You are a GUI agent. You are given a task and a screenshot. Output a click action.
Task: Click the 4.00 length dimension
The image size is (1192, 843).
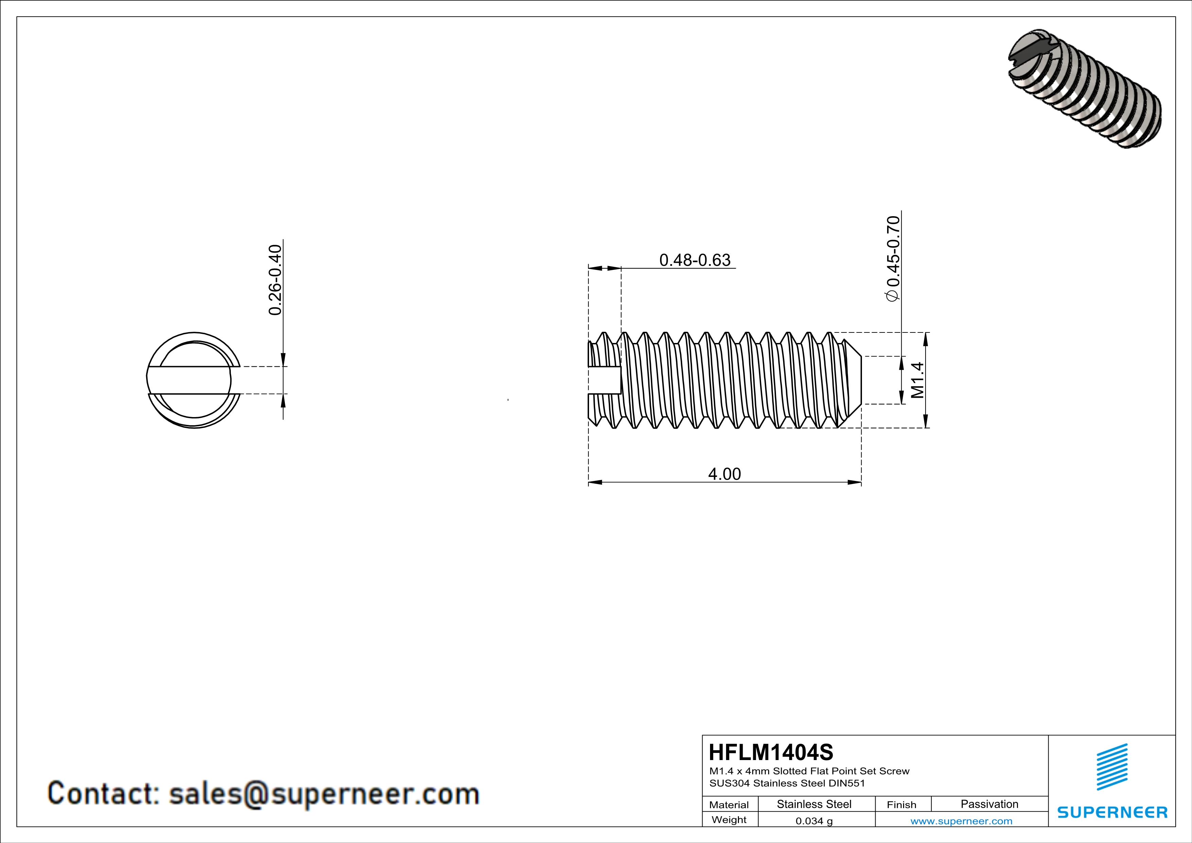tap(724, 474)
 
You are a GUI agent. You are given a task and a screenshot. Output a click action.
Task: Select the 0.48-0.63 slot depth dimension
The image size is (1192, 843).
tap(695, 260)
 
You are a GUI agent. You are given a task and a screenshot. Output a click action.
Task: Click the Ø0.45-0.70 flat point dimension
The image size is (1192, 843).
tap(893, 258)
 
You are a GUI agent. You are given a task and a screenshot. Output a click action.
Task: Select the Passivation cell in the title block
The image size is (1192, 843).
tap(989, 804)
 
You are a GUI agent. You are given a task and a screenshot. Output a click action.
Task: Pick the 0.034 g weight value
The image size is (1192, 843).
tap(814, 821)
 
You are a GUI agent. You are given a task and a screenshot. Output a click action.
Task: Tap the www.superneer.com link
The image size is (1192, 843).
tap(961, 821)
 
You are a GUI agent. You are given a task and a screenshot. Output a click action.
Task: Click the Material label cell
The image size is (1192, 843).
tap(729, 805)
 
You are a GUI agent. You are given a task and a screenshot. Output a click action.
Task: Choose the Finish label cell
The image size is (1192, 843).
tap(901, 805)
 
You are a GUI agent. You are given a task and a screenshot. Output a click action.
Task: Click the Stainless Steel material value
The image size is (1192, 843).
tap(814, 804)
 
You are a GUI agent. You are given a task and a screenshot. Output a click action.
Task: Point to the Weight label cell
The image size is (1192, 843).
tap(729, 820)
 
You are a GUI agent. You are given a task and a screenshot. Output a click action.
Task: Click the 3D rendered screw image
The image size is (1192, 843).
tap(1084, 89)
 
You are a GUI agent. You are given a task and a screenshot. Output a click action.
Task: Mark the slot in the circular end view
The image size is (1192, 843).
tap(190, 380)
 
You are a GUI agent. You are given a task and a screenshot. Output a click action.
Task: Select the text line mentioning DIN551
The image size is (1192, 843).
tap(787, 783)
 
